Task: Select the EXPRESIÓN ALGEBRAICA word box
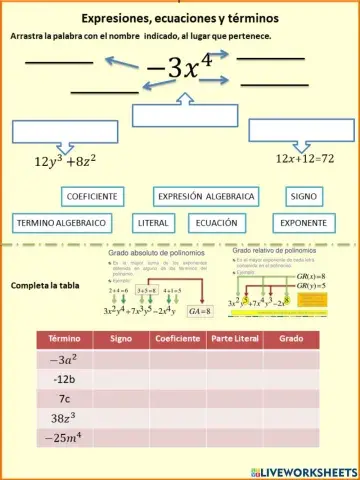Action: point(207,197)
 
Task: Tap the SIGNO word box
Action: point(301,197)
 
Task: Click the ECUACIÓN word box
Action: point(216,222)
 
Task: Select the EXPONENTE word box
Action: point(304,222)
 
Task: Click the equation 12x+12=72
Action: point(304,159)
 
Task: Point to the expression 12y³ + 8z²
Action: point(51,160)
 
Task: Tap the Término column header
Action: point(64,340)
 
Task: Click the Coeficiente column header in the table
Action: point(178,340)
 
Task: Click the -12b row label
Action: point(64,379)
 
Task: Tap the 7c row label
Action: point(64,398)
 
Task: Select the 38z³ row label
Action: point(64,418)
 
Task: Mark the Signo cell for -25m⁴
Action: point(121,438)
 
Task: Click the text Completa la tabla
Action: point(45,285)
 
